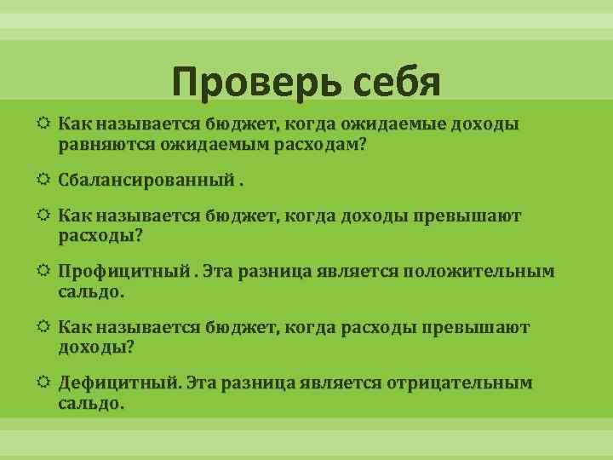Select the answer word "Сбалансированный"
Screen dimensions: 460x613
coord(146,181)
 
